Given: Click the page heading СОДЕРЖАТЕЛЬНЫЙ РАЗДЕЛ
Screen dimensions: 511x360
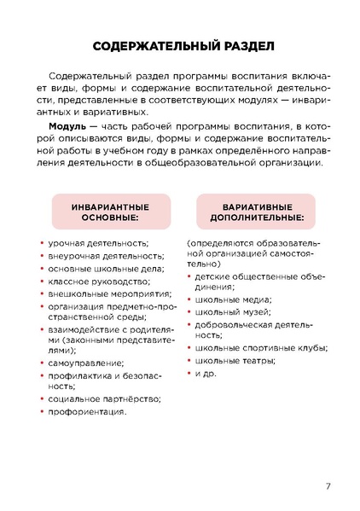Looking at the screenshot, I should click(180, 45).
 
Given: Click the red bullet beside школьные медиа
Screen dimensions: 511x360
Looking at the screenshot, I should click(189, 299).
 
